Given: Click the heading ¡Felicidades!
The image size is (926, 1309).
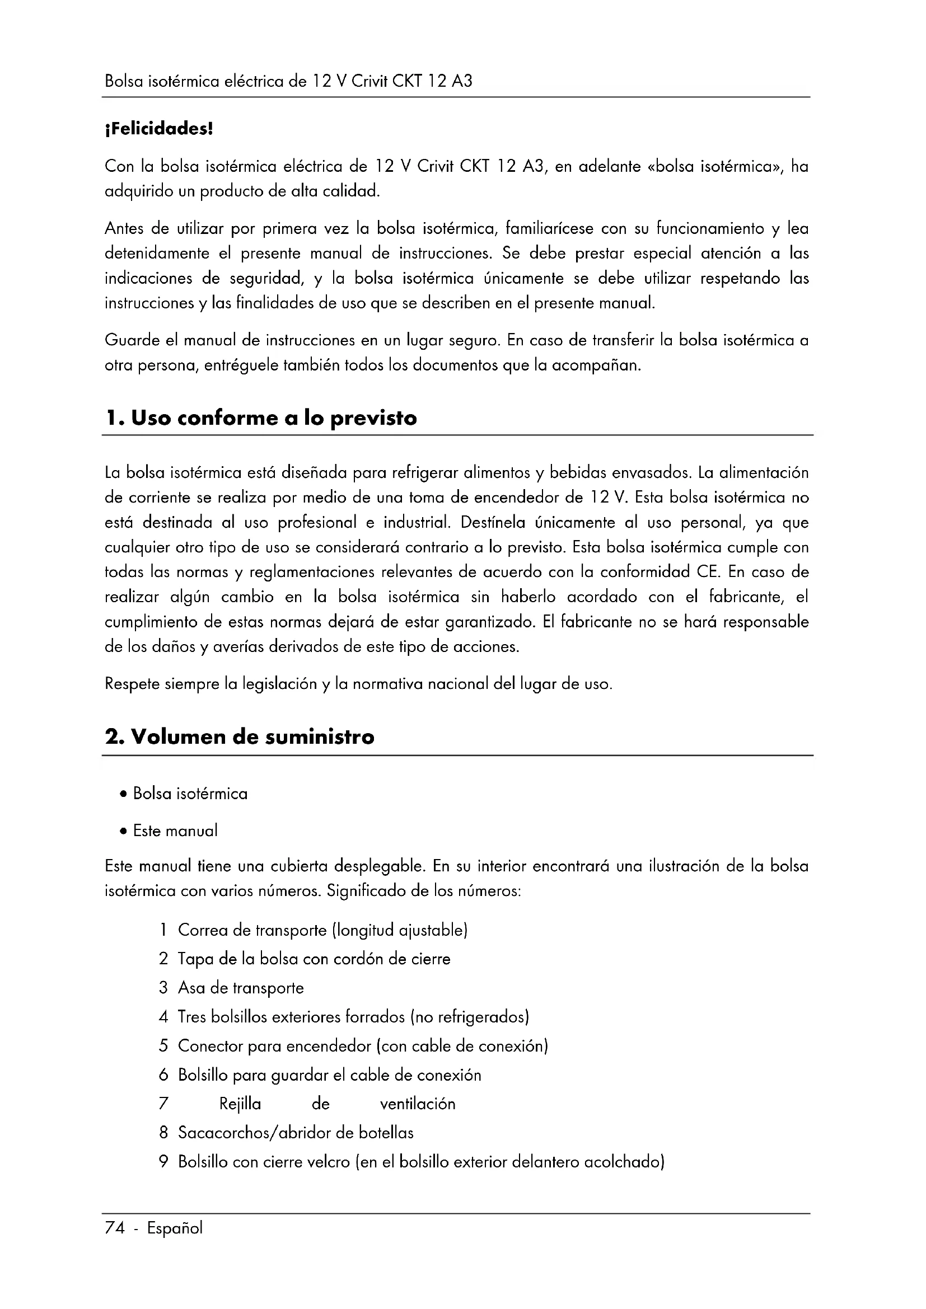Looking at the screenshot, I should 158,129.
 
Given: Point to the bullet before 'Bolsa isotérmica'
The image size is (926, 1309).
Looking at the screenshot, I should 123,794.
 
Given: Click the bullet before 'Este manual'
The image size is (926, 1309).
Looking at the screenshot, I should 123,831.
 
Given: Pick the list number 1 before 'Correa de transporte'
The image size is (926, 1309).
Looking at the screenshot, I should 163,931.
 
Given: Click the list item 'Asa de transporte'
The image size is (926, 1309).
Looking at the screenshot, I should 241,988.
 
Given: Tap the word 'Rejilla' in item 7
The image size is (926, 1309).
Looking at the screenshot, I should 240,1104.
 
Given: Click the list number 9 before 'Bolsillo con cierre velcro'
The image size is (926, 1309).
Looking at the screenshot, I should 163,1162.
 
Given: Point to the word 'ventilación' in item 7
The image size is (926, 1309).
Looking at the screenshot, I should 418,1104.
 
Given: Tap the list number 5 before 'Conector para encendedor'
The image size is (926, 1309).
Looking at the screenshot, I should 163,1046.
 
